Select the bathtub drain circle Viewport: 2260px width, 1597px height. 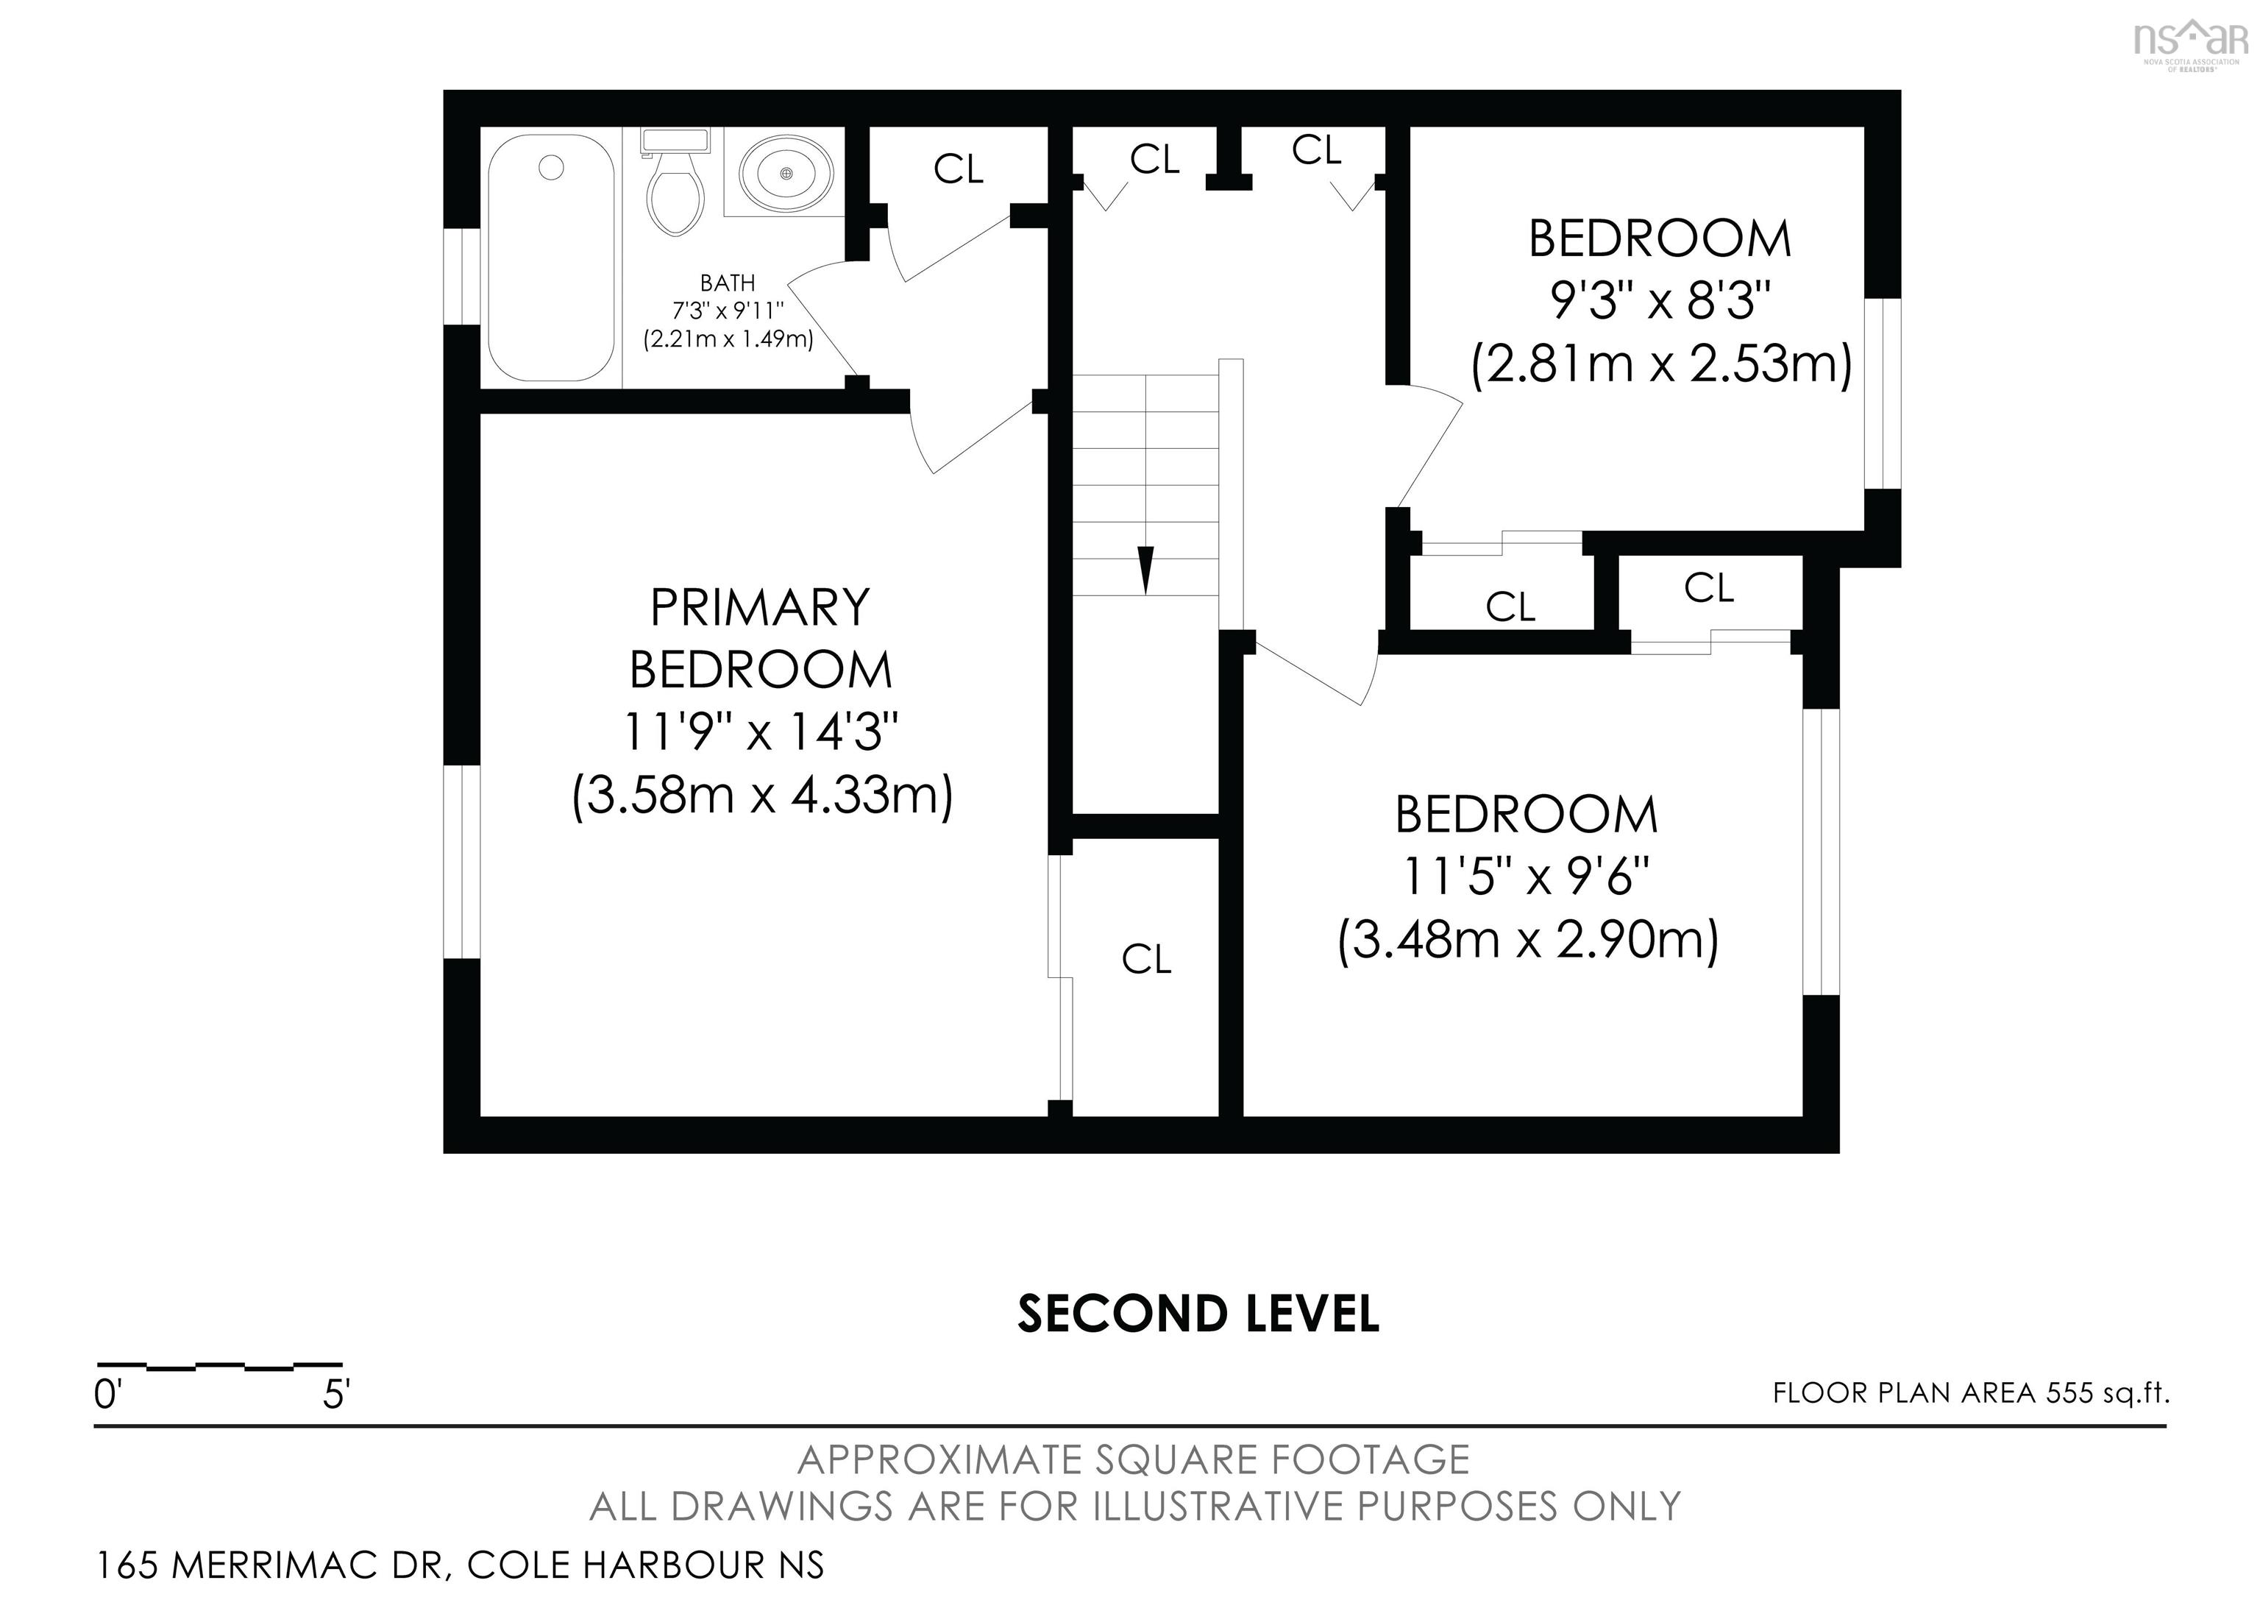pos(551,169)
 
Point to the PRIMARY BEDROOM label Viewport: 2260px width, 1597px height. pos(760,638)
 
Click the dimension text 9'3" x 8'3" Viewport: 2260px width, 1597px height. pos(1660,301)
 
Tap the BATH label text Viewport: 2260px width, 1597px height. pos(728,283)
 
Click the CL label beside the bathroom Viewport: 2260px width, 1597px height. pos(958,169)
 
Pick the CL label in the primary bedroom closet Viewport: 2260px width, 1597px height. pos(1145,959)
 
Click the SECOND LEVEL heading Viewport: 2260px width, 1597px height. pos(1197,1314)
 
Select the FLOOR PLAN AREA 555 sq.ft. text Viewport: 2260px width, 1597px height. pos(1971,1393)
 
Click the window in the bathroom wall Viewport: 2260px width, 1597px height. pos(461,277)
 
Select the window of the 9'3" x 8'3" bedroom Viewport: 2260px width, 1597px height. pos(1882,394)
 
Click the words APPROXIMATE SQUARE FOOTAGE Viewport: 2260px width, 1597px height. pos(1133,1460)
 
